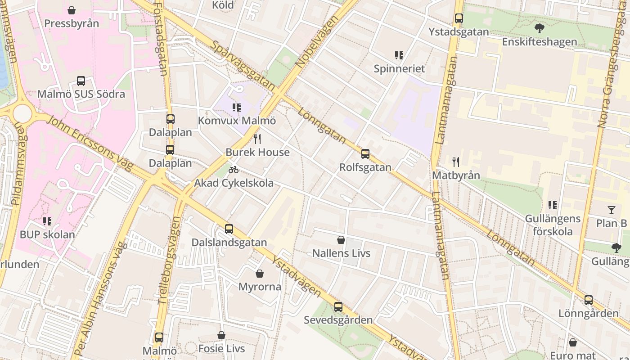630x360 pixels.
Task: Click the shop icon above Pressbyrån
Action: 72,10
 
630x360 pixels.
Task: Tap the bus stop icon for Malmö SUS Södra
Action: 81,81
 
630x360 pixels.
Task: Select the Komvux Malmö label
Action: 237,121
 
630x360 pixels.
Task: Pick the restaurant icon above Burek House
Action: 257,139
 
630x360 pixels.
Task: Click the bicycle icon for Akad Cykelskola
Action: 234,170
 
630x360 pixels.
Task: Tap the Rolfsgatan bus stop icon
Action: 365,154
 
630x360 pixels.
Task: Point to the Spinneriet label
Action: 399,69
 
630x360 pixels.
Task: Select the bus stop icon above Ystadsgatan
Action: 459,18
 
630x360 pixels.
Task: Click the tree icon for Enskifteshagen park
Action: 539,28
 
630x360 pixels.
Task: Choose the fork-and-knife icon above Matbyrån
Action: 456,162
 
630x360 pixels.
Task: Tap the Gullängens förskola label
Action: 553,225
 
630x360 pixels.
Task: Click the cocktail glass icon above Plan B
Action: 611,210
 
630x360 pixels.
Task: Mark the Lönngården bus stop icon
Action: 589,300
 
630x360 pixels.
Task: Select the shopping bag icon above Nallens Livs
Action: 341,240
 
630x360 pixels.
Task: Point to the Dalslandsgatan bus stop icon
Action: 229,229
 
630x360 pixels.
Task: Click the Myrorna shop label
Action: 260,287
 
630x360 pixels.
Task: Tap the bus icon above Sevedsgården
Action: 338,307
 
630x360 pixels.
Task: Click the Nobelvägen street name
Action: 318,42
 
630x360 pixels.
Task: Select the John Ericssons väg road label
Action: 90,143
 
